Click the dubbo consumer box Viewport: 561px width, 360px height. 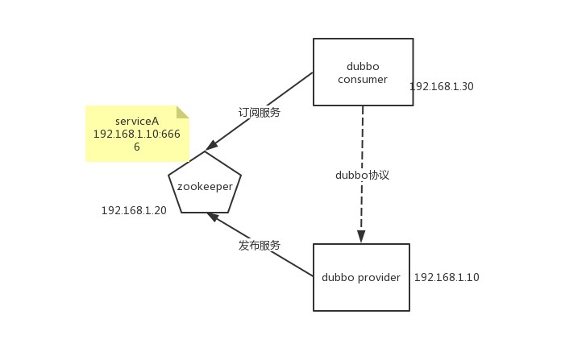pyautogui.click(x=363, y=72)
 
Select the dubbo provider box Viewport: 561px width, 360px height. pyautogui.click(x=361, y=277)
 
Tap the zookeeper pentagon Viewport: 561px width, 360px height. pyautogui.click(x=205, y=184)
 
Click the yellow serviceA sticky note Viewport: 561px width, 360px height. pyautogui.click(x=136, y=134)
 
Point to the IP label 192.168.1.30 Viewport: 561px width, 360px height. pyautogui.click(x=441, y=86)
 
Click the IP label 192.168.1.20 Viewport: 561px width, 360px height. pyautogui.click(x=134, y=210)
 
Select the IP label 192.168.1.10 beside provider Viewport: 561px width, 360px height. pyautogui.click(x=446, y=277)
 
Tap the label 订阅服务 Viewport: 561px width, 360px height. pyautogui.click(x=260, y=113)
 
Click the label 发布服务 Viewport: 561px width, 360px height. pyautogui.click(x=260, y=246)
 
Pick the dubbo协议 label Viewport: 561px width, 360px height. pyautogui.click(x=362, y=175)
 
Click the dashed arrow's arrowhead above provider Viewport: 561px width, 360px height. pyautogui.click(x=361, y=237)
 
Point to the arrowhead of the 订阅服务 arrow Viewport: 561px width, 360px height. pyautogui.click(x=211, y=146)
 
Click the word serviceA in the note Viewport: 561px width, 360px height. pyautogui.click(x=137, y=121)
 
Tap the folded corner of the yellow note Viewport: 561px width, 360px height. pyautogui.click(x=182, y=112)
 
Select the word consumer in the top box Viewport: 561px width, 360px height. pyautogui.click(x=363, y=79)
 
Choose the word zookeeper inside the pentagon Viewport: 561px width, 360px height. pyautogui.click(x=205, y=186)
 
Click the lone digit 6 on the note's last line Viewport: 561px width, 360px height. pyautogui.click(x=137, y=147)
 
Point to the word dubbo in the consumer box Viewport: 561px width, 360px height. pyautogui.click(x=363, y=66)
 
